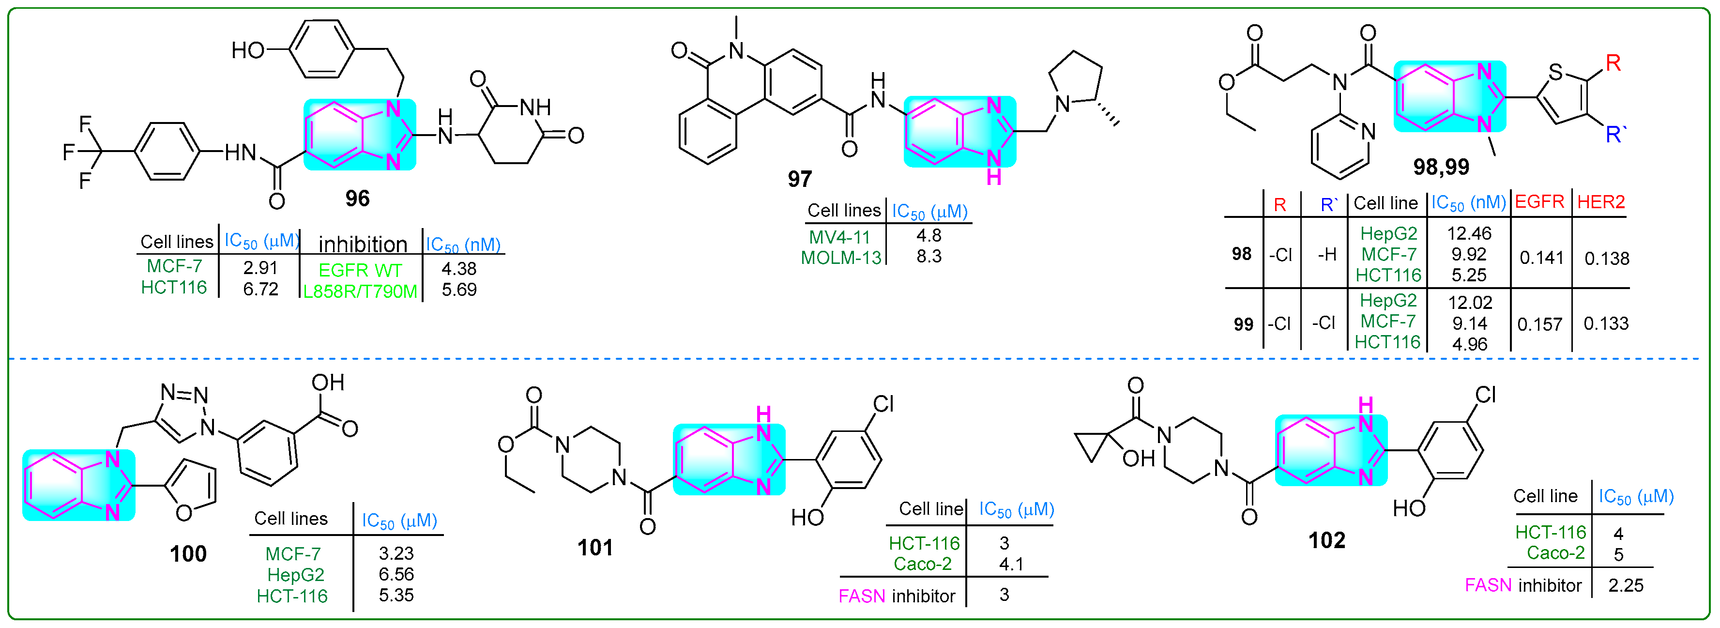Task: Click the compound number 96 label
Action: pos(357,199)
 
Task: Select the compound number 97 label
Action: pos(799,179)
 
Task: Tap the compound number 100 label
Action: pos(188,554)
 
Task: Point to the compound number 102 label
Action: pos(1326,540)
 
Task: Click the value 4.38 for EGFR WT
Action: pos(459,269)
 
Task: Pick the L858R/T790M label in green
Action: pos(360,291)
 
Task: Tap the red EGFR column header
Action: pos(1539,202)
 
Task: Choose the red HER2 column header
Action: pos(1600,202)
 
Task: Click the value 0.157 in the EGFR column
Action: pos(1540,325)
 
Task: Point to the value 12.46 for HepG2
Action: pos(1469,233)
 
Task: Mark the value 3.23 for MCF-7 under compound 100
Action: pos(396,553)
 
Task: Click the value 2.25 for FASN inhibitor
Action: pos(1625,585)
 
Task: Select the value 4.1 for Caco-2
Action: pos(1011,565)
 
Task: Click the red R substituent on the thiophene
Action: pos(1613,63)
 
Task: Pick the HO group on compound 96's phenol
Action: pos(248,50)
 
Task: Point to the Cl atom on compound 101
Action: pos(883,403)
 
